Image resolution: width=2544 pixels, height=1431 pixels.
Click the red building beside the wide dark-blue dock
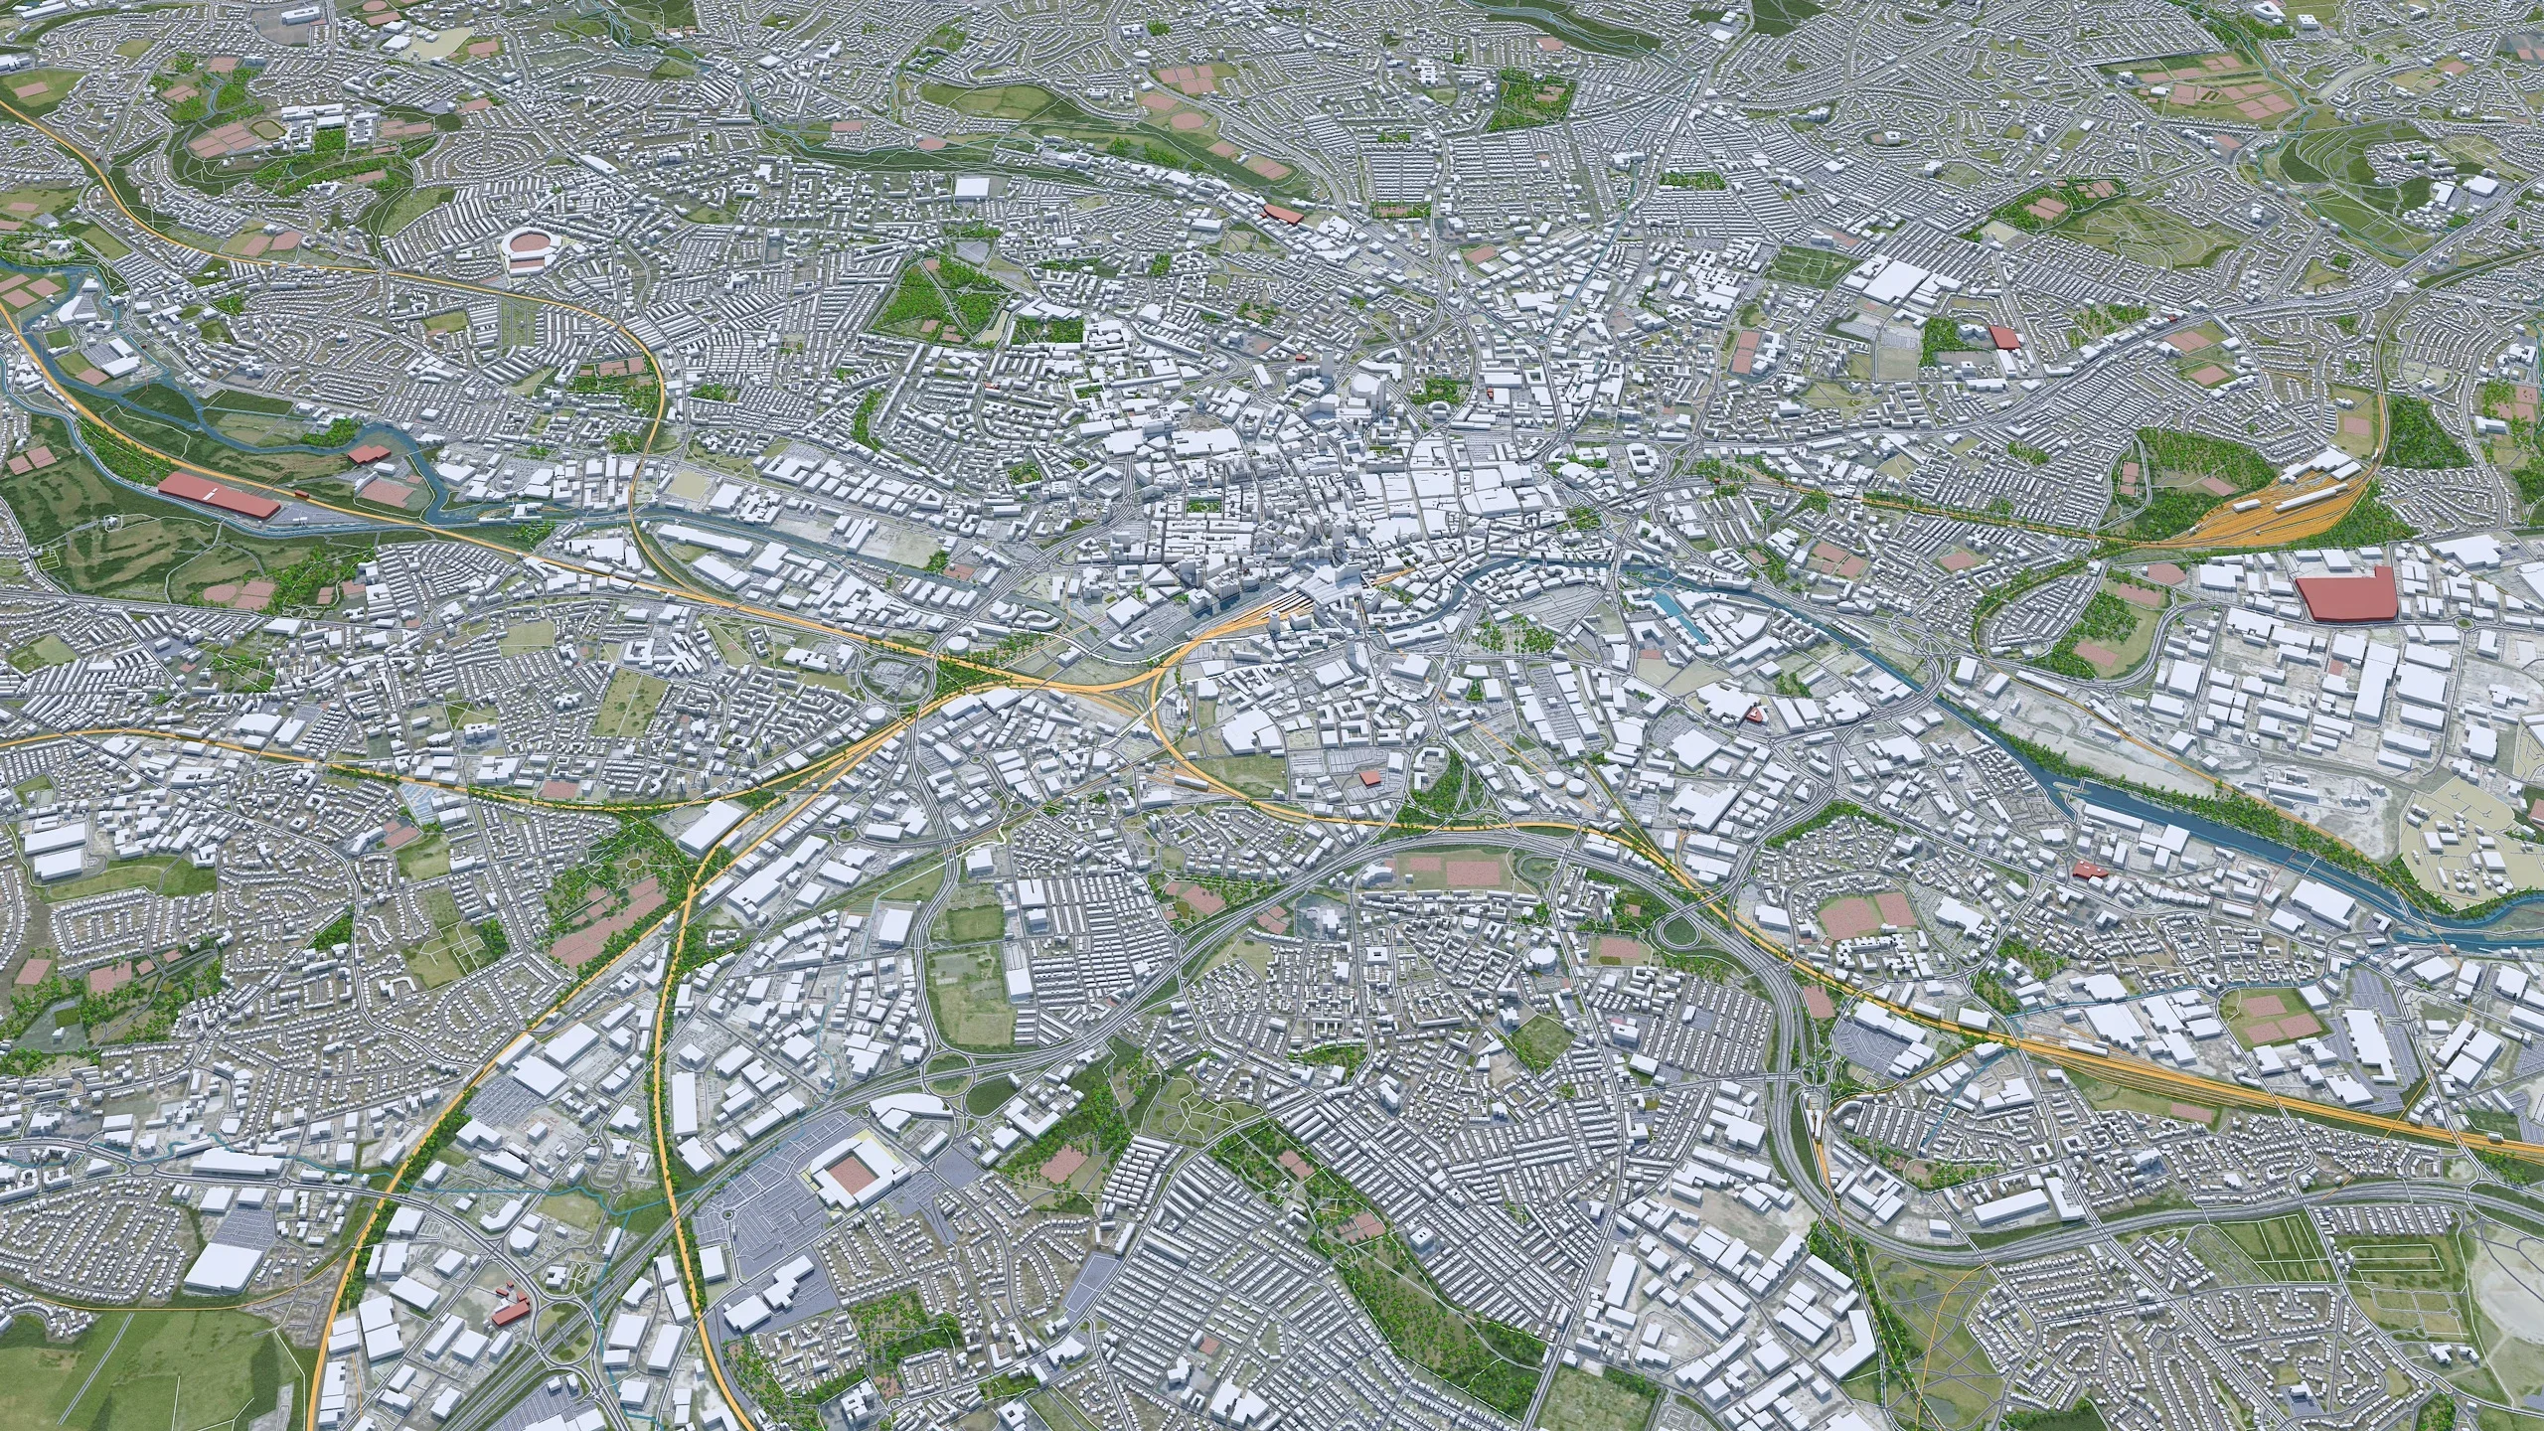(2087, 871)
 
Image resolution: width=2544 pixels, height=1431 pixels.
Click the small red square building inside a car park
(1370, 776)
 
